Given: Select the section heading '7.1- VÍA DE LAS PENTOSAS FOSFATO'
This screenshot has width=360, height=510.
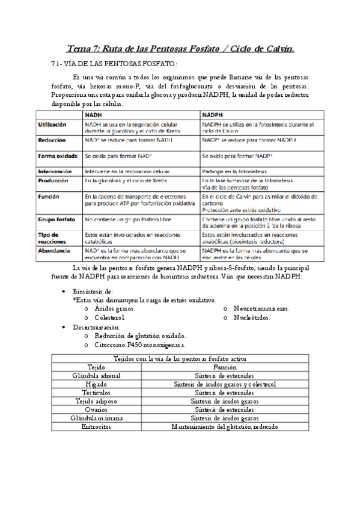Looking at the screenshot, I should point(114,64).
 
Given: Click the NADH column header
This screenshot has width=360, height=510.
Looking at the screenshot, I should point(94,114).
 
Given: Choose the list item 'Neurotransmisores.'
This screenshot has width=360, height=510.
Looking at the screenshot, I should point(261,309).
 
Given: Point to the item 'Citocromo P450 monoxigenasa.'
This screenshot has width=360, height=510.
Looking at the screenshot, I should point(140,345).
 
